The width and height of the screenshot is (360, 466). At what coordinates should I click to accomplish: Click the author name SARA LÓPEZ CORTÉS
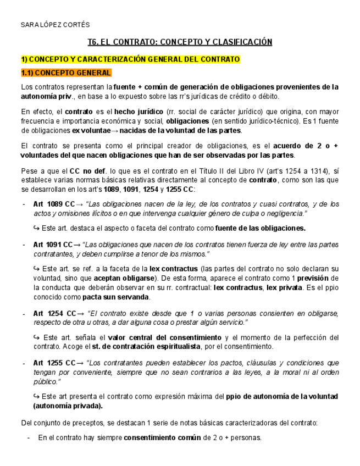(x=55, y=25)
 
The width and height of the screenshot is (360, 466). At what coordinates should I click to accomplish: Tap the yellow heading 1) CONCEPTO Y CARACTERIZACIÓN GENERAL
(x=130, y=59)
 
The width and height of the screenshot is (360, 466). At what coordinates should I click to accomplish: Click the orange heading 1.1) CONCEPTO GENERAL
(x=66, y=73)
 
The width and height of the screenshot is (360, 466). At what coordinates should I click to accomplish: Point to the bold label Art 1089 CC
(x=53, y=204)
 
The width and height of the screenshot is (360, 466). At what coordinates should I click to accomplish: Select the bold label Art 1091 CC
(x=53, y=245)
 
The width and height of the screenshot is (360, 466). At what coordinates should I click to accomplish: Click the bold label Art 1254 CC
(x=53, y=313)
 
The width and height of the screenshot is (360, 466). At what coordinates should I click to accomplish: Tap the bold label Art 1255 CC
(x=53, y=363)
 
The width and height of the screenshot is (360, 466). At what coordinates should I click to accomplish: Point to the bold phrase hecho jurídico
(x=132, y=112)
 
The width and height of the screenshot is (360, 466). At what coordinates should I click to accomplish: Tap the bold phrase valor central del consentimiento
(x=164, y=337)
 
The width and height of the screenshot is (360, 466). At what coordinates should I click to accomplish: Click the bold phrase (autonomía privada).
(x=68, y=406)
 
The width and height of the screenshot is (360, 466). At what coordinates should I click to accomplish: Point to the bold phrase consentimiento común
(x=162, y=438)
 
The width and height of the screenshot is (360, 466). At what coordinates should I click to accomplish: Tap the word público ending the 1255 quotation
(x=46, y=381)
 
